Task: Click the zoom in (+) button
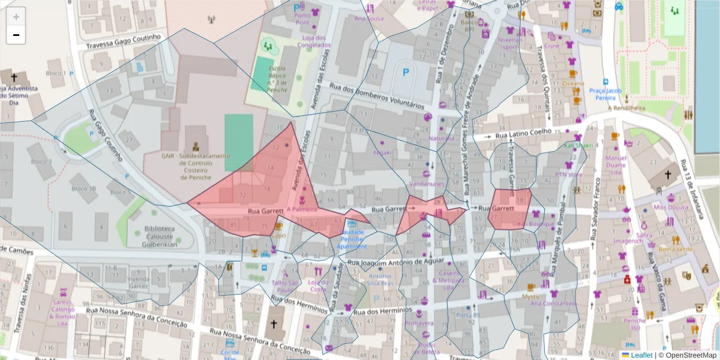tap(16, 17)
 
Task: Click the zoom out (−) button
tap(16, 35)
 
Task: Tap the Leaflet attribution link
tap(641, 355)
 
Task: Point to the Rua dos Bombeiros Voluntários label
tap(373, 96)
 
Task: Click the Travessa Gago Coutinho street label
tap(123, 41)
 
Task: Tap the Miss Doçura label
tap(671, 207)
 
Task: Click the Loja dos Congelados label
tap(314, 41)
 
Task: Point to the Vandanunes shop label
tap(427, 184)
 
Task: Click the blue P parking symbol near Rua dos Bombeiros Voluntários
tap(406, 72)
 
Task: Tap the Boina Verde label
tap(676, 248)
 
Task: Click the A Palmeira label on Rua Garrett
tap(302, 210)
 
